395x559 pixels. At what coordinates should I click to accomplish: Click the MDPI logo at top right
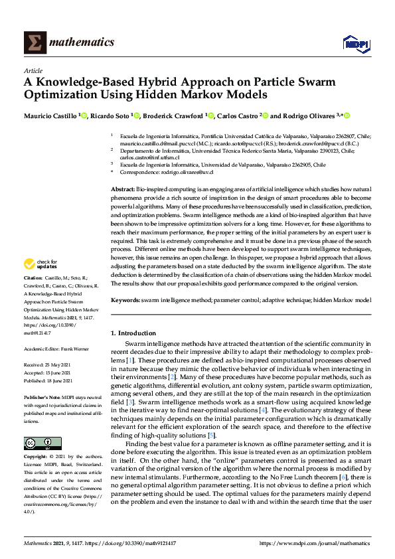click(355, 42)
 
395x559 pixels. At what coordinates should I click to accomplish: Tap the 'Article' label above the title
click(33, 70)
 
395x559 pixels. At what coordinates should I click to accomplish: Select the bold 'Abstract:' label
click(123, 190)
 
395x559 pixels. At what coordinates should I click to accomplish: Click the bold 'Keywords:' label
click(125, 301)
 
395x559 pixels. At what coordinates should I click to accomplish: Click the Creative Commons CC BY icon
click(38, 442)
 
